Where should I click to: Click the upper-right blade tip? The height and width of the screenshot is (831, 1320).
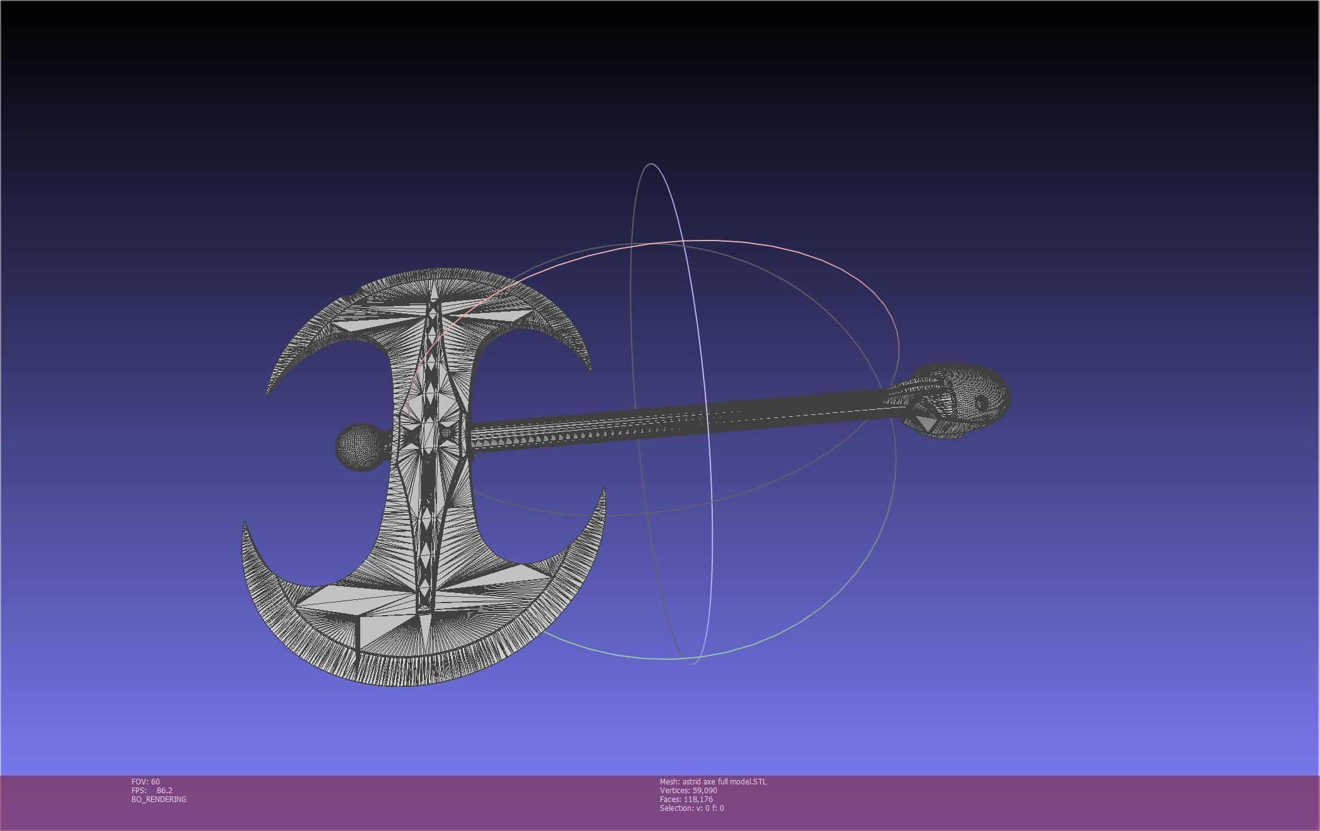590,370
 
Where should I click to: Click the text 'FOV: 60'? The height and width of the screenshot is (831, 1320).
145,782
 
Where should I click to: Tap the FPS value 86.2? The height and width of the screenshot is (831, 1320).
164,791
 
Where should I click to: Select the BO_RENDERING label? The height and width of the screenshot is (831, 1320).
159,800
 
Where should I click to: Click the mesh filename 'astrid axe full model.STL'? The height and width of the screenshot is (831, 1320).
724,782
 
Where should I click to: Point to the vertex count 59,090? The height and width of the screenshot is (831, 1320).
705,791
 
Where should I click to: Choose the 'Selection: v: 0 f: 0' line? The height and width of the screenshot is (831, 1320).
691,808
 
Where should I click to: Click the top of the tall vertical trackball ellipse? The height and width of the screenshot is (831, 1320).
651,164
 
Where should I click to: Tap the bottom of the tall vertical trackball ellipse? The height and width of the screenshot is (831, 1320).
691,663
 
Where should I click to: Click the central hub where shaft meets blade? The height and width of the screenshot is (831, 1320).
432,434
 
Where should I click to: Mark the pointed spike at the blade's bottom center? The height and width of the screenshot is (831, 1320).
426,642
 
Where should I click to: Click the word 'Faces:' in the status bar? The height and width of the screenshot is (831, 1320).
671,800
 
